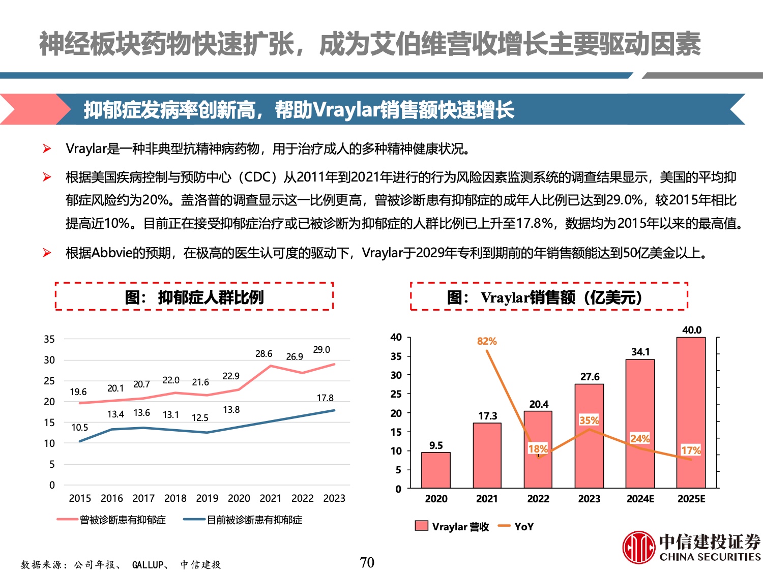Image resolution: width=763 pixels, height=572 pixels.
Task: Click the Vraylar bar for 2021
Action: pos(487,455)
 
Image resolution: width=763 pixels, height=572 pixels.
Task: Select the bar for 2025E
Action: pos(691,412)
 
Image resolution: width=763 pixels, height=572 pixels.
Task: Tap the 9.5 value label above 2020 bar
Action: pos(436,445)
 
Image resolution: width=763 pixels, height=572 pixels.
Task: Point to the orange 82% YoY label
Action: pos(487,341)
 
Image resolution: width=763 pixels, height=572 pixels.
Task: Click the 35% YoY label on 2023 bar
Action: pos(589,420)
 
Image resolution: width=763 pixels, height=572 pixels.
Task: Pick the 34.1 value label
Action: pos(640,352)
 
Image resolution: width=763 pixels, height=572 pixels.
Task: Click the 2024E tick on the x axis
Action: pos(640,499)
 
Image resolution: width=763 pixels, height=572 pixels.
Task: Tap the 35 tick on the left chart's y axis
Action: pos(49,339)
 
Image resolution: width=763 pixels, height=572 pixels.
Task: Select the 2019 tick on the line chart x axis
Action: pos(207,498)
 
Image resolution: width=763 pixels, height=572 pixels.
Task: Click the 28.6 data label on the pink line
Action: pos(263,354)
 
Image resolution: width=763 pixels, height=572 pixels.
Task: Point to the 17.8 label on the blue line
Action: pos(325,398)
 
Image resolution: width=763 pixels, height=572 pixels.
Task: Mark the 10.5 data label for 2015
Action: pos(79,428)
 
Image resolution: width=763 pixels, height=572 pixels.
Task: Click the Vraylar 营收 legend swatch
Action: pos(422,526)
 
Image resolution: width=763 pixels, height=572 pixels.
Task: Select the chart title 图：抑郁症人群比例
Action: pos(194,297)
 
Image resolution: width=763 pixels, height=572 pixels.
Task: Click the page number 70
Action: pos(367,562)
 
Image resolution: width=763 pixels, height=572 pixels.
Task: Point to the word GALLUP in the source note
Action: pos(148,564)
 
